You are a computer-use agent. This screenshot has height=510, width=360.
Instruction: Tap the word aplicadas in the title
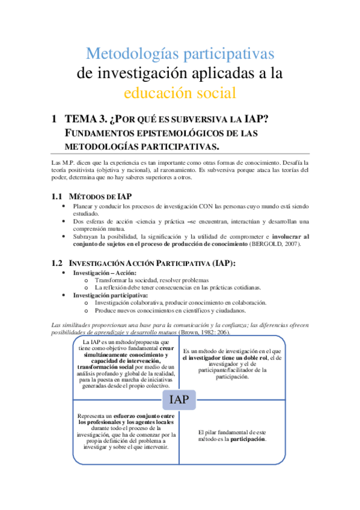229,73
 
